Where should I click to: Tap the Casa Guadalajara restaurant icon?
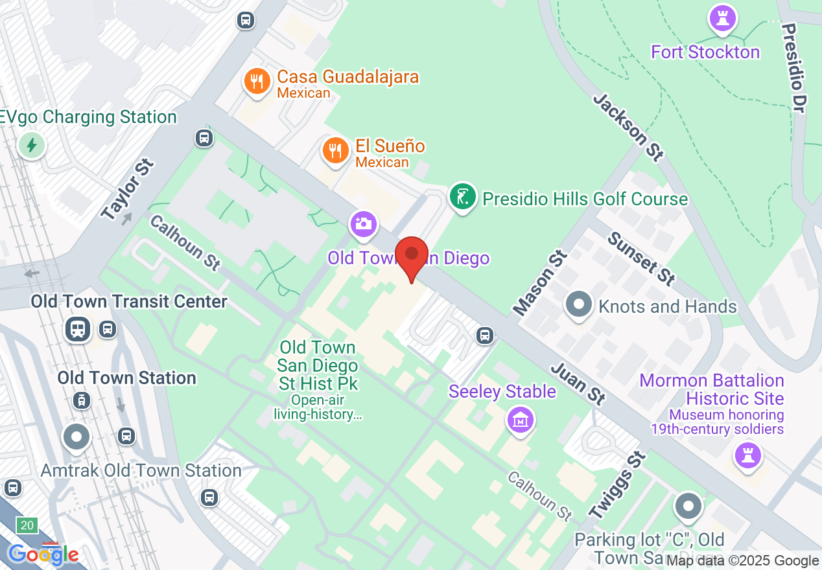[257, 81]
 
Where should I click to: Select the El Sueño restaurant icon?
[335, 151]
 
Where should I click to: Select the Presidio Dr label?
[793, 69]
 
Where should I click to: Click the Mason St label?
[540, 282]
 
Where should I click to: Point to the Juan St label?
[578, 383]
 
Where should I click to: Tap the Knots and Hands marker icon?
[579, 304]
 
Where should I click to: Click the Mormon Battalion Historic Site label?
[711, 389]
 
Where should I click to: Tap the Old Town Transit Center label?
[129, 301]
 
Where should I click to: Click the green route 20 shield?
[27, 525]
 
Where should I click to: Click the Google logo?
[43, 554]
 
